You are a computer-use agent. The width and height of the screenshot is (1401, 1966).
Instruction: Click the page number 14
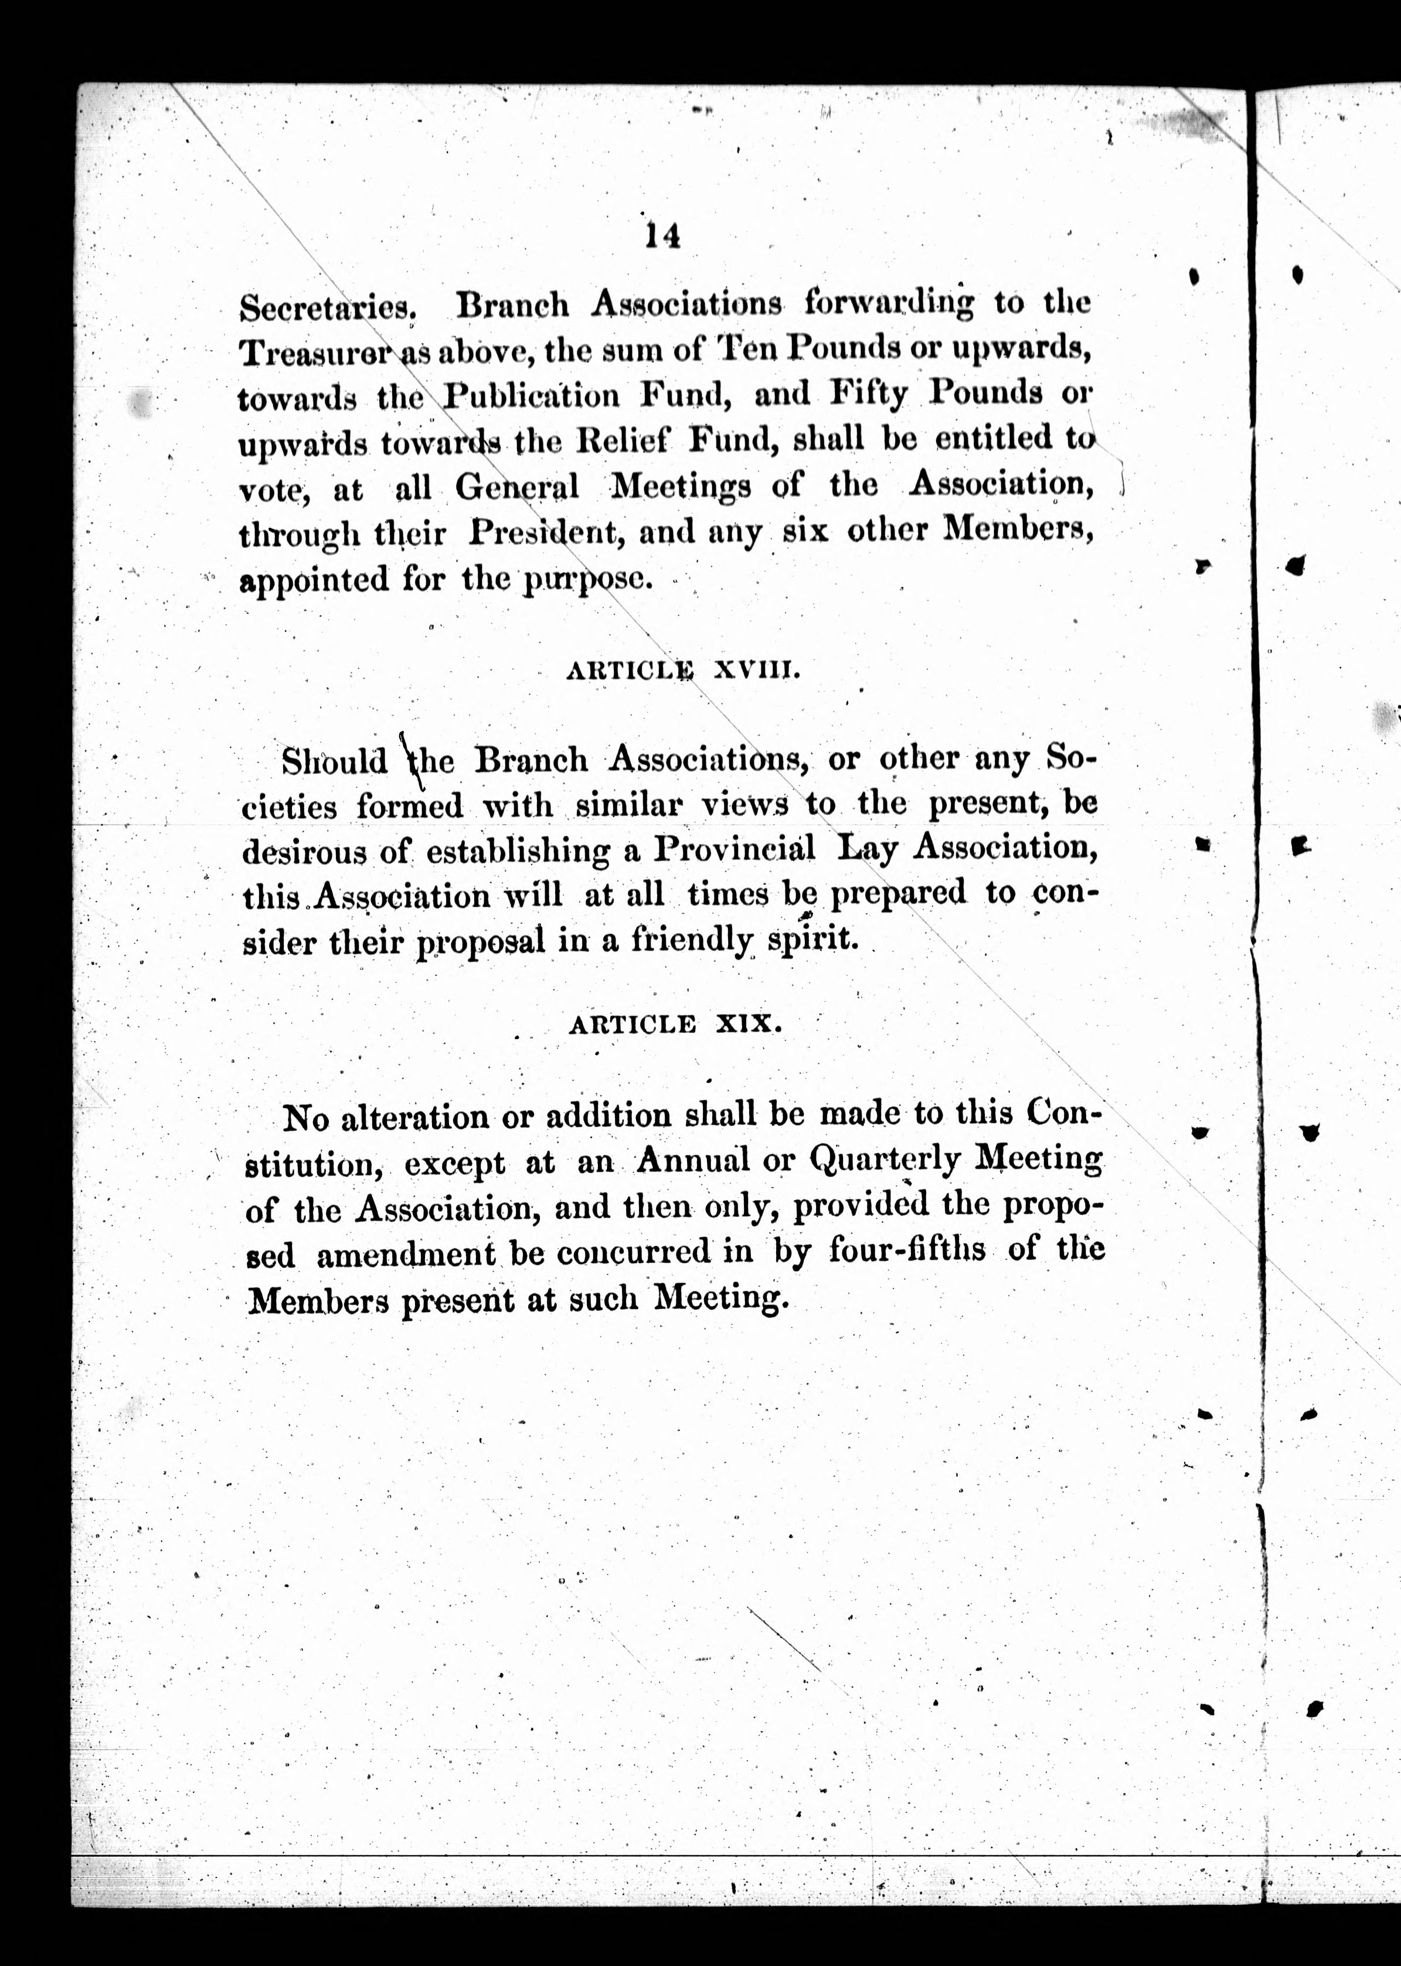(662, 235)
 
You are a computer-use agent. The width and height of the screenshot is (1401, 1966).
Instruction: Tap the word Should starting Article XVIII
(335, 761)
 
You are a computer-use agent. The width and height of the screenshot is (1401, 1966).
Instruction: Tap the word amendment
(406, 1254)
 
